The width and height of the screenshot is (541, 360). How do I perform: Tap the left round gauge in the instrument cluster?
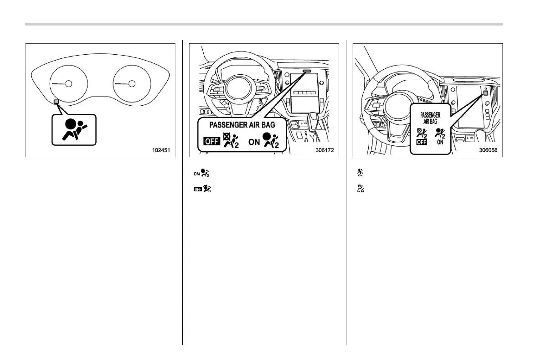pos(68,83)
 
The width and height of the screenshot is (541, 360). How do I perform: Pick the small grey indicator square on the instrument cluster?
pos(56,101)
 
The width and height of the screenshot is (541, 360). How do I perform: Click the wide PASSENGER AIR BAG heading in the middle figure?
pos(242,124)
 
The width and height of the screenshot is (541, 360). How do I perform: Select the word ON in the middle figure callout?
pos(254,142)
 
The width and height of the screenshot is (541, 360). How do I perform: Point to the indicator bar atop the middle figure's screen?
pos(306,71)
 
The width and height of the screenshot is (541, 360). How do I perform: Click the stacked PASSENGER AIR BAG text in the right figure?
pos(430,118)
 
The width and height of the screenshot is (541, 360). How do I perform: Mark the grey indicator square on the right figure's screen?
pos(485,92)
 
